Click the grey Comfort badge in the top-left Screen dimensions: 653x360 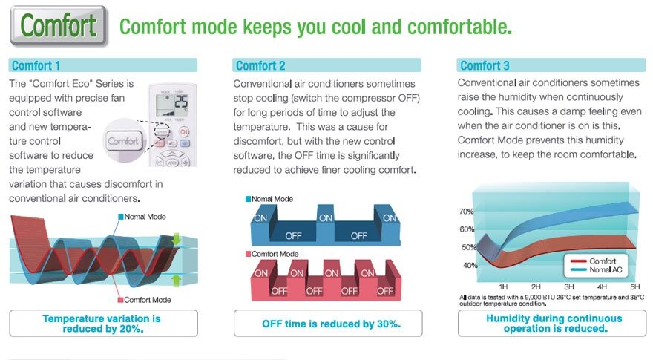[59, 26]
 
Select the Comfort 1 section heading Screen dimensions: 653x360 [36, 65]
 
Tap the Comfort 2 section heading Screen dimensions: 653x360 [260, 65]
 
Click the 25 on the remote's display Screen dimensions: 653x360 [181, 102]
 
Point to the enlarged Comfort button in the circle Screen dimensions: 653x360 [123, 141]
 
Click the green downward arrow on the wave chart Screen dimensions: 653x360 [176, 239]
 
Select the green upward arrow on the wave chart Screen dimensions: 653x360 [176, 280]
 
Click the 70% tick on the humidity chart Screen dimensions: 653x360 [466, 212]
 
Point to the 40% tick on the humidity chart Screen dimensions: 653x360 [470, 266]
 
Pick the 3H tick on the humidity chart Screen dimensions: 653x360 [568, 287]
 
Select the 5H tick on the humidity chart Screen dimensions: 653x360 [634, 287]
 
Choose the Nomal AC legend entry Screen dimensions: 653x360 [597, 269]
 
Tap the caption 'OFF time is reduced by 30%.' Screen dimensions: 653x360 [331, 324]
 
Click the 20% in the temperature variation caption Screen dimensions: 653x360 [130, 329]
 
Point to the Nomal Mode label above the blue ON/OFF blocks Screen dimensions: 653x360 [269, 199]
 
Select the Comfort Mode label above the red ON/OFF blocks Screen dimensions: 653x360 [272, 254]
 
